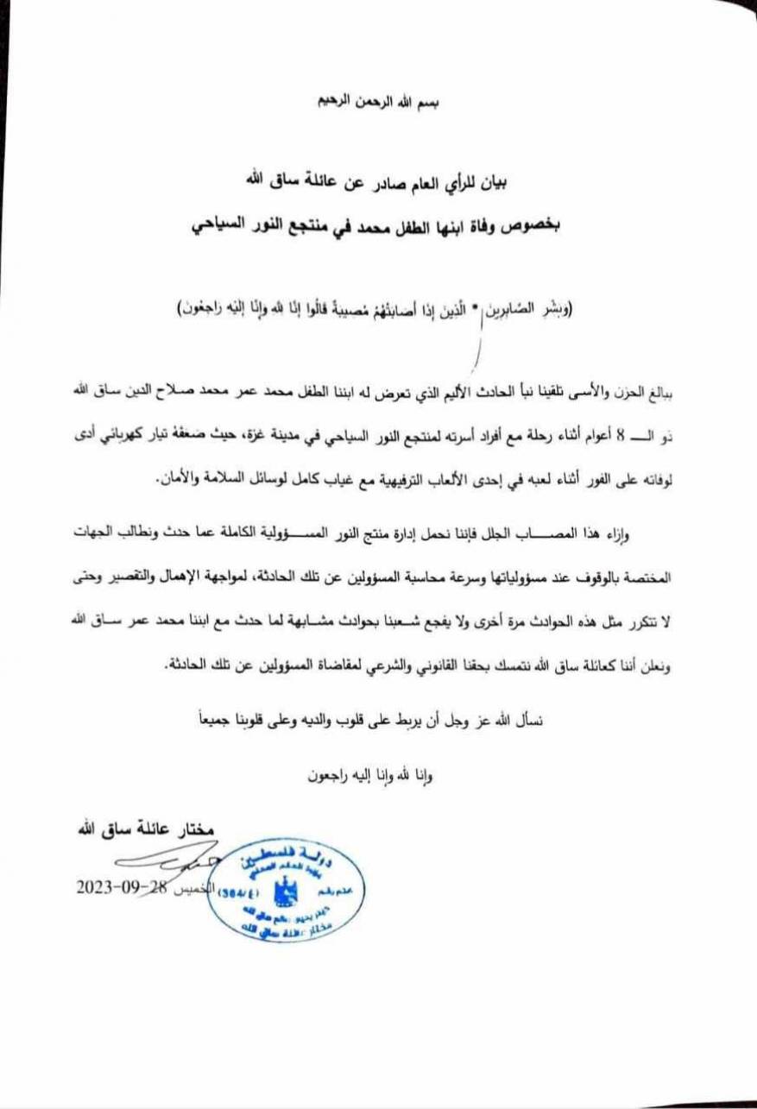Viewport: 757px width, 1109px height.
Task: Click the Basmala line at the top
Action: [x=380, y=101]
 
